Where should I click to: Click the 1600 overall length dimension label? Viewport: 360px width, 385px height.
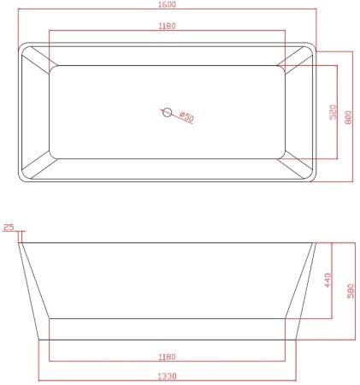click(168, 4)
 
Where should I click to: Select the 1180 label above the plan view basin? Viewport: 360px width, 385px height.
click(168, 27)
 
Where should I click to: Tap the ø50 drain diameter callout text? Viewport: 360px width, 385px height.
click(187, 117)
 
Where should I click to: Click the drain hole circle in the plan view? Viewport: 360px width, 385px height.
click(168, 110)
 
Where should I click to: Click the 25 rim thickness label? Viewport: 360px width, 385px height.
click(9, 227)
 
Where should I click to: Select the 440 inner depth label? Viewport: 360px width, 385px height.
click(327, 280)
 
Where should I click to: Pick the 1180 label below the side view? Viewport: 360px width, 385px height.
click(168, 357)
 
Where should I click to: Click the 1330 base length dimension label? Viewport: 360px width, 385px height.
click(168, 375)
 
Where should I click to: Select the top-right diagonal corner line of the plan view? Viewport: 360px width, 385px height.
click(299, 55)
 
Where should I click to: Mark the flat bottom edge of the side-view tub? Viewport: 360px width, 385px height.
click(168, 339)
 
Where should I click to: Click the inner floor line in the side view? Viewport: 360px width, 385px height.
click(168, 318)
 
